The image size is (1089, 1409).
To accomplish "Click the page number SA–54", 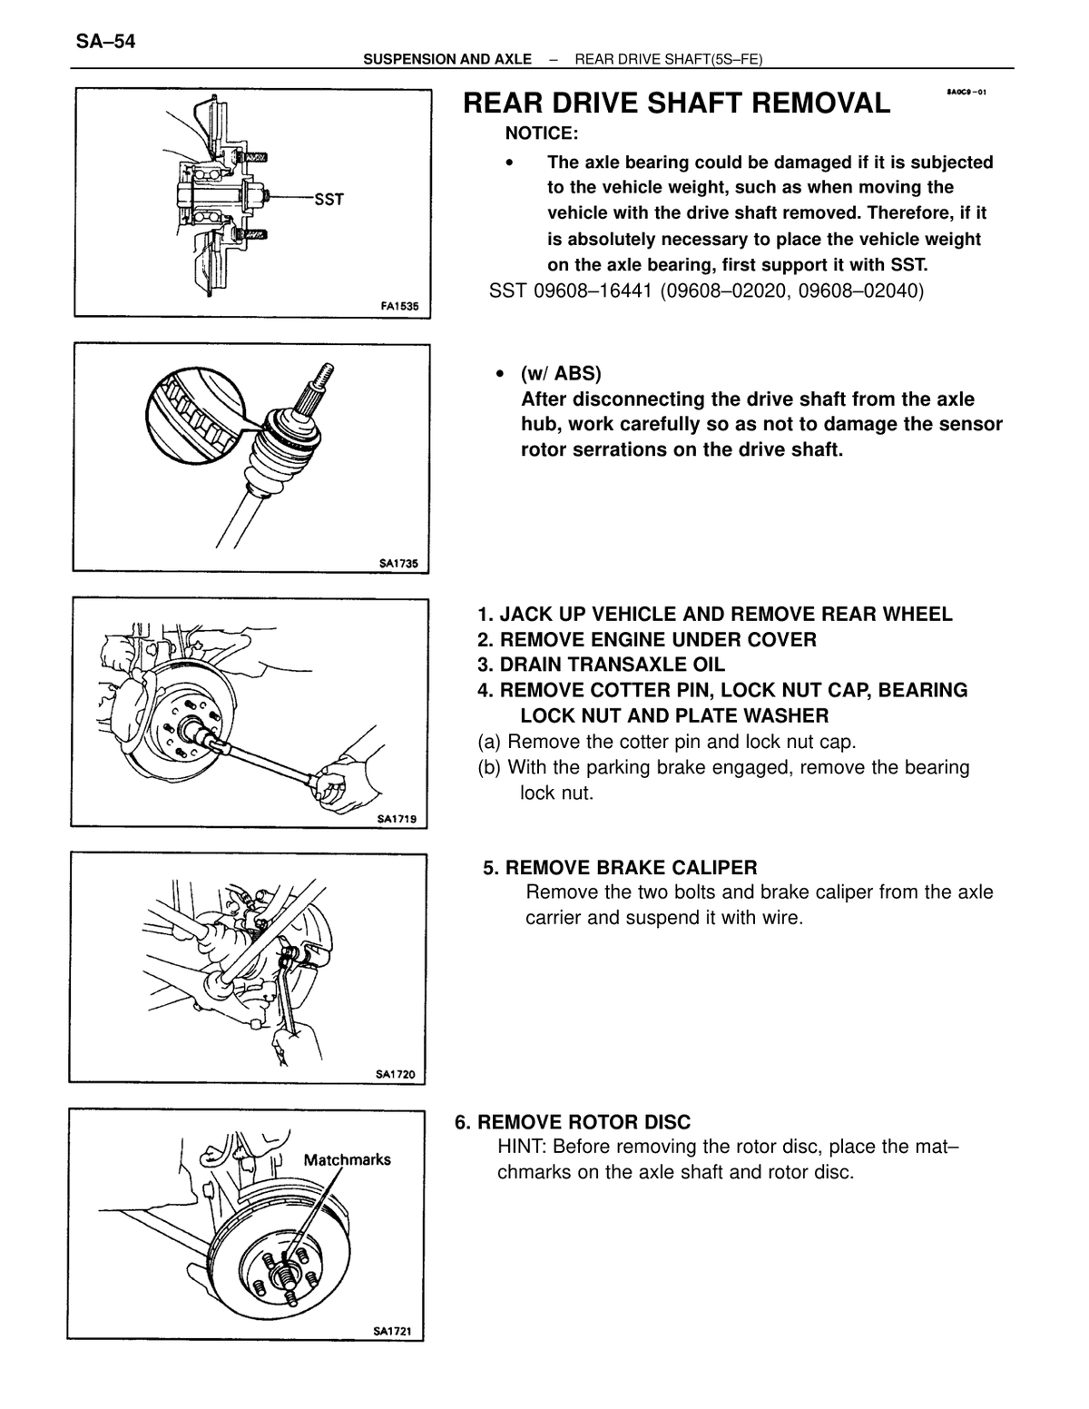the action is click(x=105, y=42).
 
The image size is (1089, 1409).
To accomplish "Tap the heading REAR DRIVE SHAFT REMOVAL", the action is click(x=676, y=103).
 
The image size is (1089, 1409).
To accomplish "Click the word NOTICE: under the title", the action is click(x=542, y=133).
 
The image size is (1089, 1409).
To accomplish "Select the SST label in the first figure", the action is click(x=329, y=199).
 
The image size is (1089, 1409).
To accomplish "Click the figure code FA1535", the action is click(x=399, y=306).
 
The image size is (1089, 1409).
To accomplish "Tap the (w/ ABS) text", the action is click(x=561, y=373).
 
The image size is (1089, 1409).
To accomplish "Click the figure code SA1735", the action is click(x=398, y=564).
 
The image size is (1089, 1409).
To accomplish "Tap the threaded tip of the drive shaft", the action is click(x=325, y=376).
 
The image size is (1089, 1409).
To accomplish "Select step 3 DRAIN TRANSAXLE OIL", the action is click(x=601, y=665).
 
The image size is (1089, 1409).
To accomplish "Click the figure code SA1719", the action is click(x=397, y=819).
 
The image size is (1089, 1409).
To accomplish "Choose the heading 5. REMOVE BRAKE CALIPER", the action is click(x=620, y=868).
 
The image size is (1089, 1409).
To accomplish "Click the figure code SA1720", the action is click(x=395, y=1074).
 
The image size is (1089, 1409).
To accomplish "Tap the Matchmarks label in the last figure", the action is click(x=348, y=1159).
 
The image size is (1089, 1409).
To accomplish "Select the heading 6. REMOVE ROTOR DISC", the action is click(x=573, y=1122).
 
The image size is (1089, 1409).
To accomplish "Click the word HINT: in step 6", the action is click(x=522, y=1147).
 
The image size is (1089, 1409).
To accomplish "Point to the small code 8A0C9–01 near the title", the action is click(x=966, y=92).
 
